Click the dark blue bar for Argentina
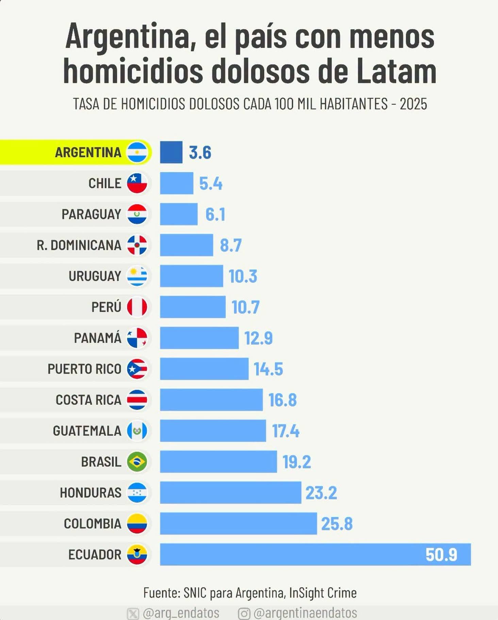(171, 152)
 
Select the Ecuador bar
(315, 554)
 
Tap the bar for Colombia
(238, 523)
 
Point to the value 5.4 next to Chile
(211, 184)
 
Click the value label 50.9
(441, 555)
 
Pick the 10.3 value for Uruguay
(243, 276)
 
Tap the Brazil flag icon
(137, 462)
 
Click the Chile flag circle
(137, 183)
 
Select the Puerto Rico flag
(137, 369)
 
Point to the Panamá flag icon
(137, 338)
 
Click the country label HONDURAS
(90, 492)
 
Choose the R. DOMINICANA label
(79, 245)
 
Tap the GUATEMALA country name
(87, 431)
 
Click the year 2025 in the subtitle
(413, 104)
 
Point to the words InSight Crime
(323, 593)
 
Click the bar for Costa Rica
(211, 400)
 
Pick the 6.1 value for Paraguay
(215, 215)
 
